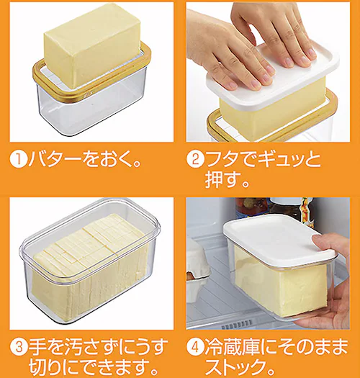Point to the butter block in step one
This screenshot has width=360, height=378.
point(90,43)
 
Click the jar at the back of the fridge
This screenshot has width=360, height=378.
point(252,209)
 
